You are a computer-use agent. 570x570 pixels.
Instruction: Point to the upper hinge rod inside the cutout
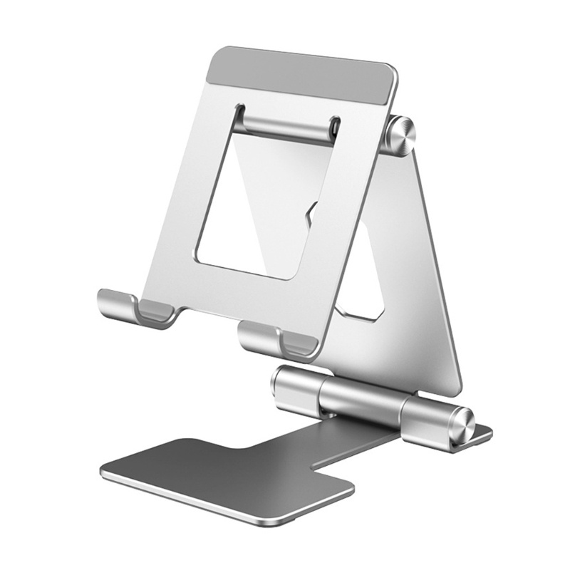click(x=285, y=127)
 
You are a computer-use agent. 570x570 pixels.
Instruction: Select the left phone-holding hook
click(x=135, y=306)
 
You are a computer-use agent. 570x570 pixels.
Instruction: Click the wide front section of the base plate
click(x=228, y=470)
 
